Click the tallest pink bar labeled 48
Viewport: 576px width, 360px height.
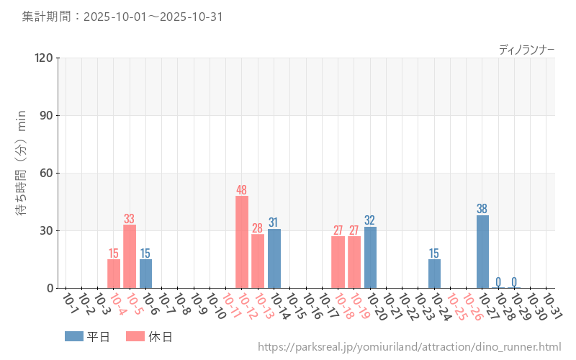click(242, 242)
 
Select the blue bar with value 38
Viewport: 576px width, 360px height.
click(482, 251)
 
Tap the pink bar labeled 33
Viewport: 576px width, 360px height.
click(130, 256)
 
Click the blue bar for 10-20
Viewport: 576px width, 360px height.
click(370, 257)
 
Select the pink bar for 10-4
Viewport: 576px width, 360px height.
click(114, 274)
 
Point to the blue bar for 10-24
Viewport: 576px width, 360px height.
click(434, 274)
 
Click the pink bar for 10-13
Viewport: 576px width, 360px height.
click(258, 261)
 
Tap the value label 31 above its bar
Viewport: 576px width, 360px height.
click(274, 222)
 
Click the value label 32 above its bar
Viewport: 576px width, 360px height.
click(370, 220)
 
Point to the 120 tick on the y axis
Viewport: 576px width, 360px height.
click(44, 58)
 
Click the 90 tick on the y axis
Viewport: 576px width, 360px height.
click(47, 115)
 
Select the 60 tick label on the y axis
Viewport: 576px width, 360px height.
click(47, 173)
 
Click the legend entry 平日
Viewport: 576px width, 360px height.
click(87, 336)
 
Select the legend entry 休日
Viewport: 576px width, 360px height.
click(149, 336)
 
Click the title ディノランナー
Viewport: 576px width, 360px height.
click(526, 50)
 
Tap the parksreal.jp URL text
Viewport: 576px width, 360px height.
click(409, 347)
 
